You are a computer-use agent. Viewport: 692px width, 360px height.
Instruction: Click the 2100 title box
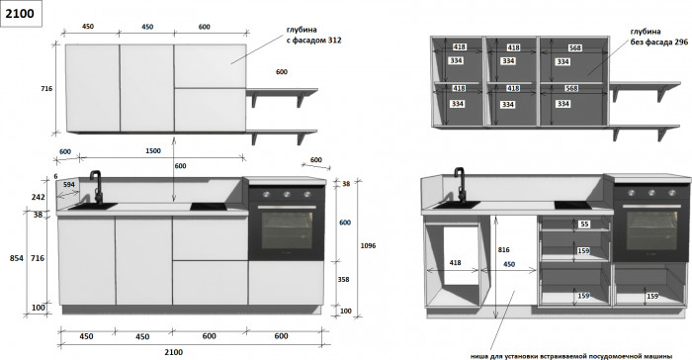point(21,14)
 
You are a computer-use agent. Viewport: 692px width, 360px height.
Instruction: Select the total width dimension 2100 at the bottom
point(173,352)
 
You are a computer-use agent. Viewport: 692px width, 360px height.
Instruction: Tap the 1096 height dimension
point(368,245)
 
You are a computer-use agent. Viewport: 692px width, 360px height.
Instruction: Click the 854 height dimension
point(17,258)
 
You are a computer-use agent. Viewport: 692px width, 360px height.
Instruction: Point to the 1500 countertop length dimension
point(153,151)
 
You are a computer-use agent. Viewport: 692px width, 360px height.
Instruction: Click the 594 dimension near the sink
point(69,185)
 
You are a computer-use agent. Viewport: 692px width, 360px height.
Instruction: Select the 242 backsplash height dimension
point(38,197)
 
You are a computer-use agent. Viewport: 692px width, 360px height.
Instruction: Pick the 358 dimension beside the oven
point(343,280)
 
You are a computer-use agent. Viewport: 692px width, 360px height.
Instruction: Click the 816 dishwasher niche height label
point(503,250)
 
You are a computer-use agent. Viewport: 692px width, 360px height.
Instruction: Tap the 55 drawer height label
point(585,225)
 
